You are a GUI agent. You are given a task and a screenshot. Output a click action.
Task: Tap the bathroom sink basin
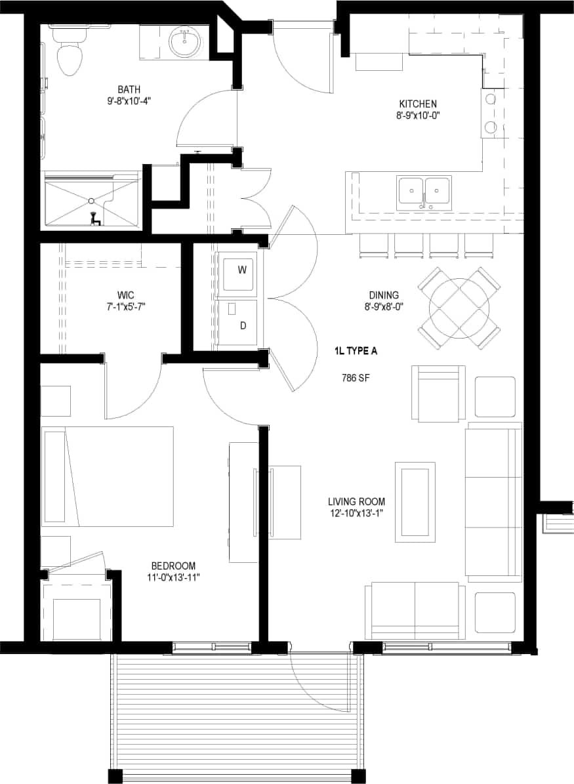(184, 44)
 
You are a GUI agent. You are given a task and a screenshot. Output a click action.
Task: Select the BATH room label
(129, 89)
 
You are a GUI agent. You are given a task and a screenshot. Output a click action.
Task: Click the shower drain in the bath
(92, 201)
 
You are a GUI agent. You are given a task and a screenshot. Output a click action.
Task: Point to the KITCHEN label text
(418, 104)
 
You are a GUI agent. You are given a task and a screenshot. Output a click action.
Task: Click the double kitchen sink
(423, 192)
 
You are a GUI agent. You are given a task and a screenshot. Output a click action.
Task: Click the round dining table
(459, 307)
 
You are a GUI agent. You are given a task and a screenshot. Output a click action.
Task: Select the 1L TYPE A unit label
(356, 351)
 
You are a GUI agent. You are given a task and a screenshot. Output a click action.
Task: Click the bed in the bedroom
(108, 476)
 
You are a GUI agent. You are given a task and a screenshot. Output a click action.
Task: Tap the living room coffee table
(415, 502)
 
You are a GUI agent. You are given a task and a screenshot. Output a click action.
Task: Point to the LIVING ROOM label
(356, 502)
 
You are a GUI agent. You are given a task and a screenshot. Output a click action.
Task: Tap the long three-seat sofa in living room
(493, 502)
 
